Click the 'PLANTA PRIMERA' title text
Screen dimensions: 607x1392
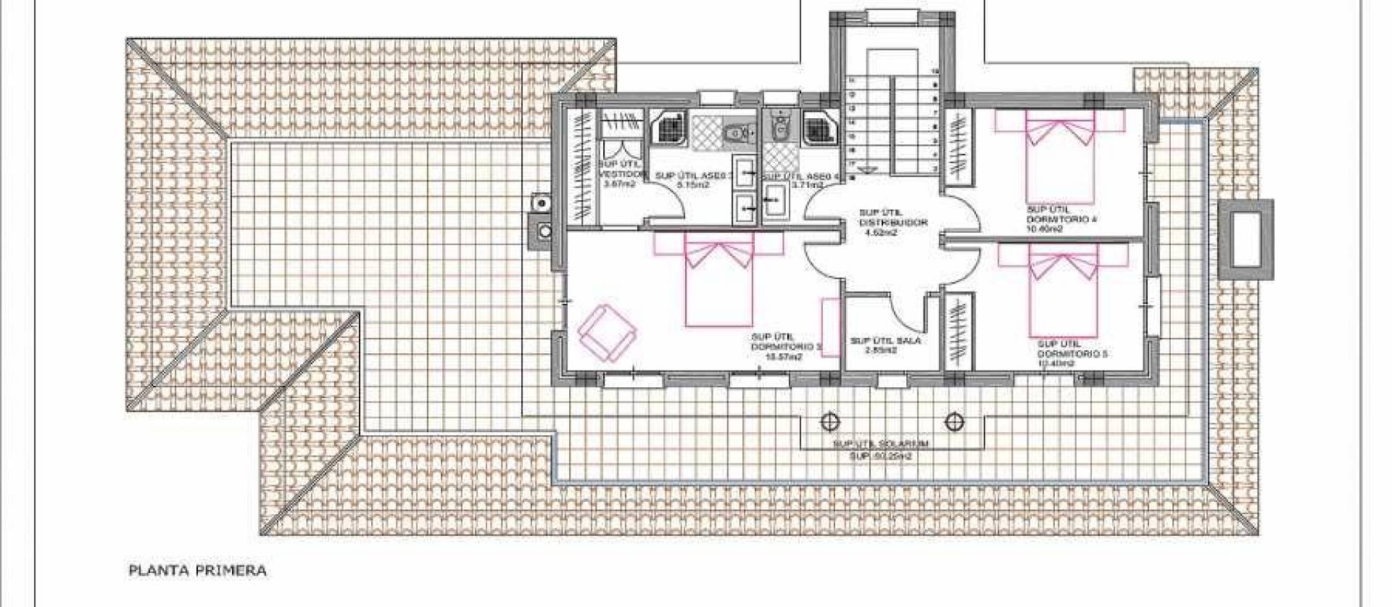tap(197, 571)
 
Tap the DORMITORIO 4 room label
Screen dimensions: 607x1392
tap(1058, 219)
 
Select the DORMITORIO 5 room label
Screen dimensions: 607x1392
tap(1072, 354)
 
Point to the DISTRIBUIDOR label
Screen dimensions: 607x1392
tap(892, 223)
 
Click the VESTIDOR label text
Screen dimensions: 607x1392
tap(621, 176)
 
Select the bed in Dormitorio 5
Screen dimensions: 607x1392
tap(1063, 290)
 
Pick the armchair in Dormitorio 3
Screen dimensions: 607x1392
tap(608, 333)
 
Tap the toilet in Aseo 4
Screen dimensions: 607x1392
tap(779, 128)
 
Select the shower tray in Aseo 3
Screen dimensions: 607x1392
tap(668, 128)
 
